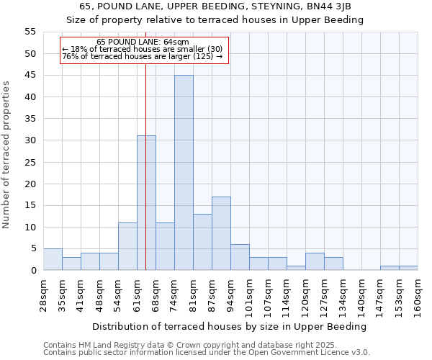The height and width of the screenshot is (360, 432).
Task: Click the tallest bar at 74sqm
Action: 184,173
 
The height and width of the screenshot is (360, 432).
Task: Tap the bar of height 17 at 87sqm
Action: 221,233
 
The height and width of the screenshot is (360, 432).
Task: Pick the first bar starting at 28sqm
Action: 53,259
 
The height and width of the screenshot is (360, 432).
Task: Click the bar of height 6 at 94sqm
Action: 240,257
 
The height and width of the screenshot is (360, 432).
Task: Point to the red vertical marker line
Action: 145,166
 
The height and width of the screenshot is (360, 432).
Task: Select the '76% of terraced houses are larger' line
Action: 143,56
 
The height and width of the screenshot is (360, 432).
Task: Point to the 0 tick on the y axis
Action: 32,271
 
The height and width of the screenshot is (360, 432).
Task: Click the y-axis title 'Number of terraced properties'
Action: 6,155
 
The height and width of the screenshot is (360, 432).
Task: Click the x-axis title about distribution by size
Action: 230,326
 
